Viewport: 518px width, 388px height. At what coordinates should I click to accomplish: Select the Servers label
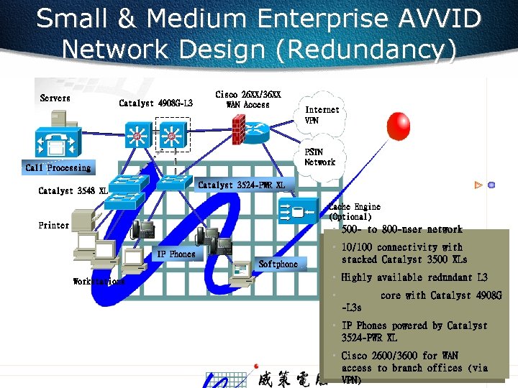(x=55, y=98)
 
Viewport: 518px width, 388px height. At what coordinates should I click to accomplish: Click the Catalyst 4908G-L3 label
(x=155, y=103)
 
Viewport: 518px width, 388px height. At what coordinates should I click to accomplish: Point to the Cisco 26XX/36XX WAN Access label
(x=248, y=100)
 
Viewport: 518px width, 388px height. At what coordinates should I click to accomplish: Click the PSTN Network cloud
(x=319, y=157)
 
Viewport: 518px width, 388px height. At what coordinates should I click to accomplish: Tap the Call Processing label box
(x=58, y=167)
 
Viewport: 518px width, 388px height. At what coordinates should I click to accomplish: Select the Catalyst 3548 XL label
(x=73, y=191)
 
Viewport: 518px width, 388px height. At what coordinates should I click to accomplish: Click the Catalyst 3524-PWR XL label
(x=241, y=185)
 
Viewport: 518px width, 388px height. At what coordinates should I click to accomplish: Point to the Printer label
(x=54, y=225)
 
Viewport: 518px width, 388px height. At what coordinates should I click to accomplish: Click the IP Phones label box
(x=176, y=254)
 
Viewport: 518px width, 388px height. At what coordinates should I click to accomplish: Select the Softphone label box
(x=278, y=264)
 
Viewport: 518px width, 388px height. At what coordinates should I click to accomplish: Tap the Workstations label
(x=99, y=282)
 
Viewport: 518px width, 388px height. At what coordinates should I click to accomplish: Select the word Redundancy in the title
(x=371, y=50)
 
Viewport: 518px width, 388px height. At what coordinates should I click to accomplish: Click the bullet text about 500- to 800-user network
(x=402, y=230)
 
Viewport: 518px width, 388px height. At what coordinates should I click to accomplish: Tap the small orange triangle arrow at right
(x=477, y=185)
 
